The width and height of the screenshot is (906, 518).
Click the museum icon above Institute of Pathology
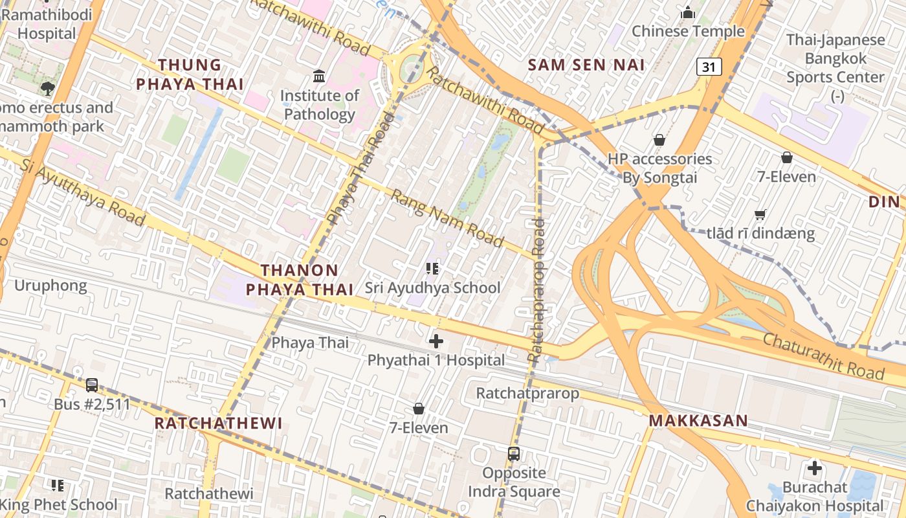click(x=319, y=77)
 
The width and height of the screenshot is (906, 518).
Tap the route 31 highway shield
click(x=709, y=66)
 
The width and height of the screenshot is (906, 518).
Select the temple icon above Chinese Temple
click(x=688, y=12)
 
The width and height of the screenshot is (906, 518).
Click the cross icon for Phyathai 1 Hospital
click(x=436, y=341)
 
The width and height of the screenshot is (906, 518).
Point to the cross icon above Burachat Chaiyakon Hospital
click(x=814, y=467)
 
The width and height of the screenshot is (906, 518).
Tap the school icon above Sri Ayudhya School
click(x=432, y=268)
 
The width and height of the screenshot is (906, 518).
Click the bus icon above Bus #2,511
click(x=92, y=385)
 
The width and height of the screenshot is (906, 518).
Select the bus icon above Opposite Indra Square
click(x=513, y=453)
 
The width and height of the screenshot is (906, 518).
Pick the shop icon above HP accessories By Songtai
click(x=659, y=139)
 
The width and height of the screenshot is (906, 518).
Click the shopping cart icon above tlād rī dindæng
click(x=760, y=214)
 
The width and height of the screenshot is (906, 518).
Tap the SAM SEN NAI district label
click(x=586, y=65)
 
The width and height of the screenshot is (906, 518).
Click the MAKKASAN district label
click(x=698, y=421)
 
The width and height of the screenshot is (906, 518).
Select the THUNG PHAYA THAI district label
click(x=190, y=74)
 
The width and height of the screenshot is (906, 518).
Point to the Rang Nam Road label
click(x=447, y=218)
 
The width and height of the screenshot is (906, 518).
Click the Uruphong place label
click(x=50, y=286)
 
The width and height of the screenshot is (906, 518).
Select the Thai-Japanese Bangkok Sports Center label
click(x=835, y=58)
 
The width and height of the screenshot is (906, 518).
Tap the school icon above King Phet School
click(x=58, y=485)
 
